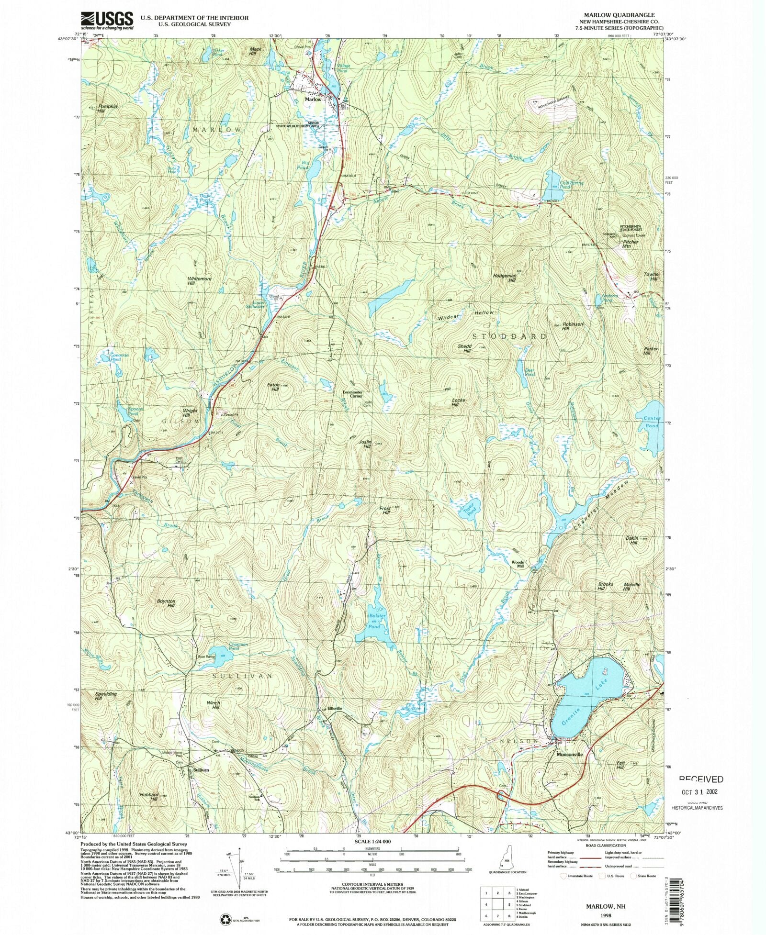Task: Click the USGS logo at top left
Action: click(x=107, y=21)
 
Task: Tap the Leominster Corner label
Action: click(x=352, y=394)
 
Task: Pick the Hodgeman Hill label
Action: click(x=504, y=278)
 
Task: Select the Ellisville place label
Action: click(x=334, y=708)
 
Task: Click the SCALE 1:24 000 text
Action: click(x=372, y=841)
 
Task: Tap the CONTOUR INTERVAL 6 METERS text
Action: click(x=372, y=884)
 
